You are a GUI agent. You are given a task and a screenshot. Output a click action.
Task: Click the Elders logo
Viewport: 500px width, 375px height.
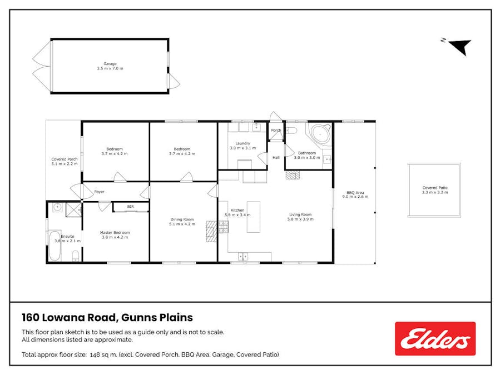click(435, 338)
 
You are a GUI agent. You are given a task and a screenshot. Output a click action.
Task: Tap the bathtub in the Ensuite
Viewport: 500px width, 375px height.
click(55, 246)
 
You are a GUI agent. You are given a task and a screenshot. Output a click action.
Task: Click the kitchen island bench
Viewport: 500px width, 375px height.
click(253, 217)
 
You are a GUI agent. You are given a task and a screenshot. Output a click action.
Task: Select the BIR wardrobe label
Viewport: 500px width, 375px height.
click(130, 207)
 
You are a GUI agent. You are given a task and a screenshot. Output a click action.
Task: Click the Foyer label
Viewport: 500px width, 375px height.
click(99, 192)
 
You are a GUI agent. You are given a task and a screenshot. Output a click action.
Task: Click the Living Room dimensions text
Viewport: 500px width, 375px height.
click(300, 219)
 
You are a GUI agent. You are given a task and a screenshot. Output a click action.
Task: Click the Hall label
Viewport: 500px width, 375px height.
click(276, 157)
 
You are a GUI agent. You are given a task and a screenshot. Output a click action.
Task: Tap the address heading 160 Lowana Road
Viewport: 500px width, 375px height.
click(68, 317)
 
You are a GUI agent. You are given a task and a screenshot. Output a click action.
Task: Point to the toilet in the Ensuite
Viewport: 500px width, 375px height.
click(76, 256)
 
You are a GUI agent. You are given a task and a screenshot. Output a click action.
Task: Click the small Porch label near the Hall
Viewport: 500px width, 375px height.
click(276, 130)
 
